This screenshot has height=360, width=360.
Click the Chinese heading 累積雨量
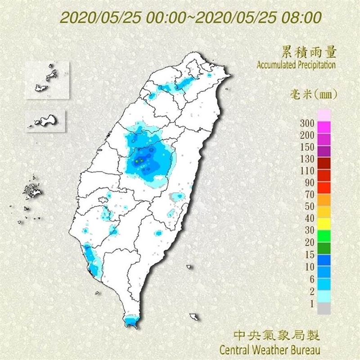(x=309, y=52)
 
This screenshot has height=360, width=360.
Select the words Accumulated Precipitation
(x=296, y=65)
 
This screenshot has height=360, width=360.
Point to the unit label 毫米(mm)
(x=313, y=94)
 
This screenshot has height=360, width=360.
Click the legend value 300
(x=308, y=123)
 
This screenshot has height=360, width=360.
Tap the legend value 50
(x=310, y=206)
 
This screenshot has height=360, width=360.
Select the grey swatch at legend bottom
(x=324, y=309)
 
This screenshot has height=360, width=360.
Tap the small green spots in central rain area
(x=140, y=160)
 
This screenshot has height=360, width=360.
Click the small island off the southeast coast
(x=194, y=317)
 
